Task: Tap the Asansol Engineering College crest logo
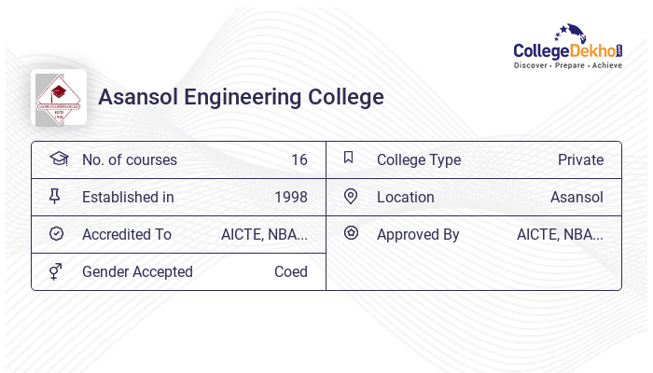click(x=59, y=97)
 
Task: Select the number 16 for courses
click(x=299, y=159)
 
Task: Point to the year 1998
click(x=290, y=197)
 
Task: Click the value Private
click(x=580, y=159)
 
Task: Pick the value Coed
click(x=290, y=271)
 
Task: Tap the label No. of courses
click(x=129, y=159)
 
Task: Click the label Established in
click(x=128, y=197)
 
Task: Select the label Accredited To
click(x=127, y=234)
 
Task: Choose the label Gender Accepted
click(x=137, y=271)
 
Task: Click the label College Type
click(x=418, y=159)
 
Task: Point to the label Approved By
click(x=418, y=234)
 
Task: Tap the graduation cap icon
click(x=58, y=159)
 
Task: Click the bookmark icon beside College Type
click(x=349, y=158)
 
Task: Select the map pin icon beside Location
click(x=350, y=196)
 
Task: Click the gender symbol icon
click(x=56, y=271)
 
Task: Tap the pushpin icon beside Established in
click(x=55, y=196)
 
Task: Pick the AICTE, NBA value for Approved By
click(x=560, y=234)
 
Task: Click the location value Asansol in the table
click(x=577, y=197)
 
